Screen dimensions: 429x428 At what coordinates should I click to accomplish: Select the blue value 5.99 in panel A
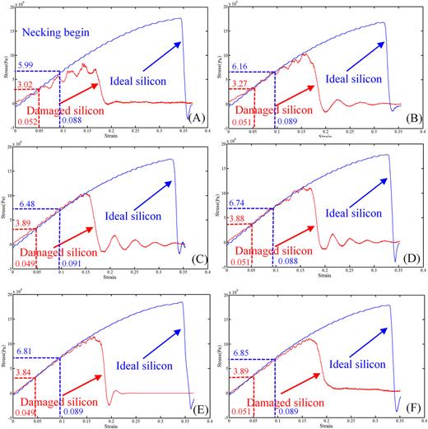26,66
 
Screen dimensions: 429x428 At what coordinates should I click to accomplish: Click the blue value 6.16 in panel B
244,66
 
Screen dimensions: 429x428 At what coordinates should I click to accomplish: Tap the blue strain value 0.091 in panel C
72,264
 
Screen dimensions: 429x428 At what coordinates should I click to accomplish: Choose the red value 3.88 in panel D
244,219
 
